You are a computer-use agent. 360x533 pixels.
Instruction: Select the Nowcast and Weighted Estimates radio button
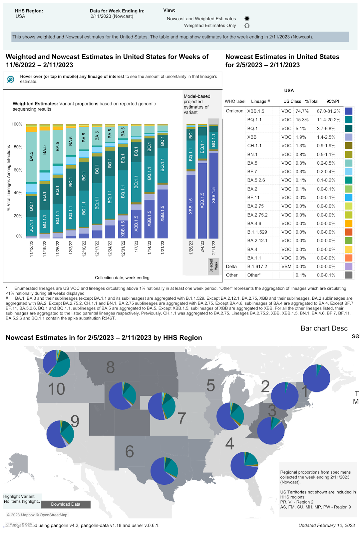coord(247,19)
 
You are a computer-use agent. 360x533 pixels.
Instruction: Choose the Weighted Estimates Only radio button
coord(247,26)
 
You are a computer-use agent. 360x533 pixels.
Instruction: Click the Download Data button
coord(66,504)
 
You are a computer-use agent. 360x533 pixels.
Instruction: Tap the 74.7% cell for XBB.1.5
coord(302,111)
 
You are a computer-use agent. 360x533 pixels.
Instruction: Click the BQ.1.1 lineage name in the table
coord(254,120)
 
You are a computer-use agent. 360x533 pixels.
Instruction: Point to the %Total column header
coord(312,101)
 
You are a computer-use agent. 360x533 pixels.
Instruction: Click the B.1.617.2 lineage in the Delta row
coord(257,266)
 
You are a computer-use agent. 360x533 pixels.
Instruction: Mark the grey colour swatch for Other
coord(349,275)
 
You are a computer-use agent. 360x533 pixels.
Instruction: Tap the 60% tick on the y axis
coord(18,170)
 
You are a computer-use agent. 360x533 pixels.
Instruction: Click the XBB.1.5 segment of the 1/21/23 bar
coord(163,214)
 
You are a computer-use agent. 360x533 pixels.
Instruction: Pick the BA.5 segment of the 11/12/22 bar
coord(31,157)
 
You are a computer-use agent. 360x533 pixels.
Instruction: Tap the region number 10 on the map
coord(56,389)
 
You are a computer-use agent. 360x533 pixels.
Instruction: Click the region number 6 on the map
coord(130,452)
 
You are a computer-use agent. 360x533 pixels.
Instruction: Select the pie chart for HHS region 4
coord(244,465)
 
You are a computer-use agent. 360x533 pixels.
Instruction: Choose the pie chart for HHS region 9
coord(60,434)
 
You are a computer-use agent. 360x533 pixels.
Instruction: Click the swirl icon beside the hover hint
coord(11,79)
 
